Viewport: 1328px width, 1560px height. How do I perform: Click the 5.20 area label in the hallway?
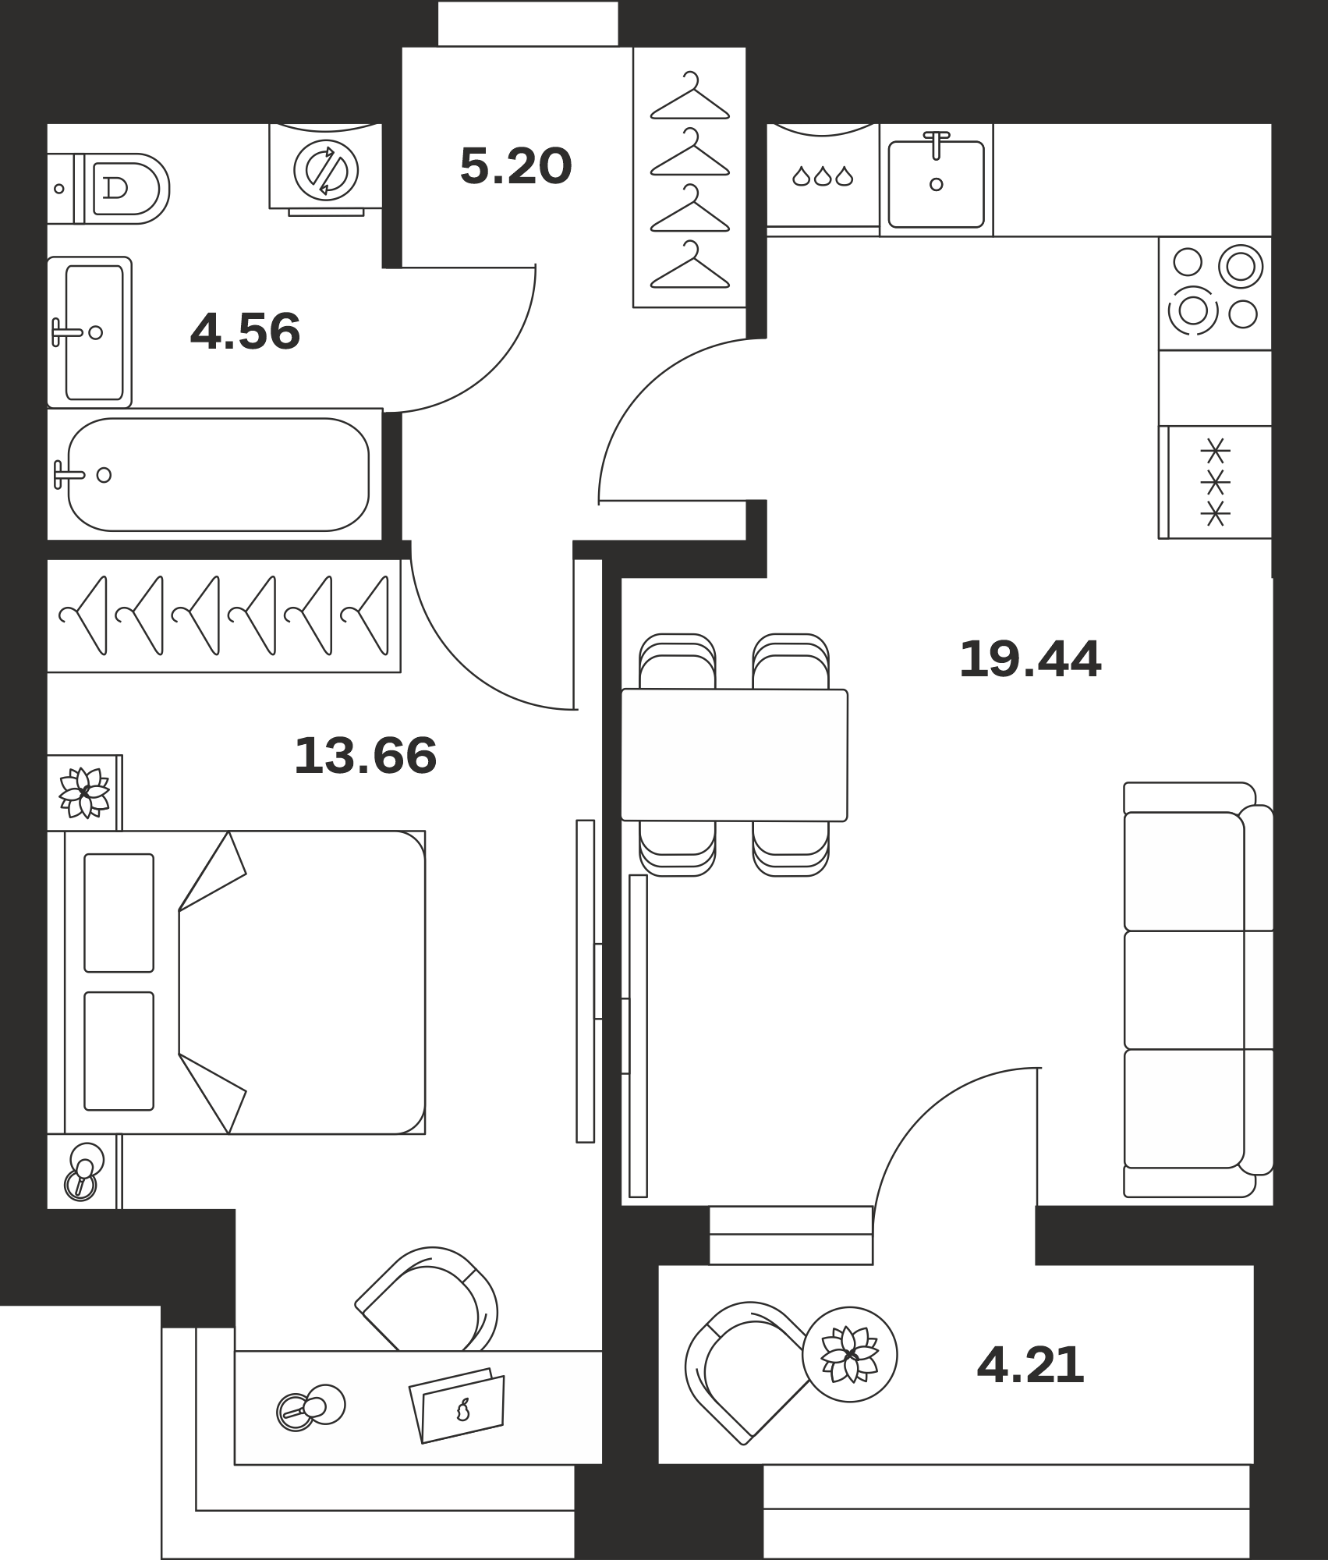coord(516,166)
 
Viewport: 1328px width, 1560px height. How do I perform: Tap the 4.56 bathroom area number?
coord(245,331)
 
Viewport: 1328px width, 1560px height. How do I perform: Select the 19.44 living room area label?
coord(1030,659)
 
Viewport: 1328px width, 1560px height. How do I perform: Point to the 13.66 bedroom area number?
coord(365,756)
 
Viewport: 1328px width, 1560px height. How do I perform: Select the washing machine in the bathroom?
coord(326,168)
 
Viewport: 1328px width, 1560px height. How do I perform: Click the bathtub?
coord(215,474)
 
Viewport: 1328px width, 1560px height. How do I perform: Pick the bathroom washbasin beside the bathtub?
coord(90,332)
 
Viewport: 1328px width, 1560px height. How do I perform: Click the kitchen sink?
coord(936,180)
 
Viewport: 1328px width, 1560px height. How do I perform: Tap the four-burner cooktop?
coord(1215,293)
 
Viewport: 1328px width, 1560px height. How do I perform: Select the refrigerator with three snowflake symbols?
coord(1215,482)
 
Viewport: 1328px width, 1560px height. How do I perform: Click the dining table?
coord(735,755)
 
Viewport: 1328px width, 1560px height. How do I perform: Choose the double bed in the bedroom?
coord(236,982)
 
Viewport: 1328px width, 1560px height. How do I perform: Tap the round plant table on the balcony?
coord(850,1355)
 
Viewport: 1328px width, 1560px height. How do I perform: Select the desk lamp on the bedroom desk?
coord(311,1407)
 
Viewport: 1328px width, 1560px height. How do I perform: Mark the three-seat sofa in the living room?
coord(1199,990)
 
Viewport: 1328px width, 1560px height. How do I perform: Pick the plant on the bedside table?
coord(84,792)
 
